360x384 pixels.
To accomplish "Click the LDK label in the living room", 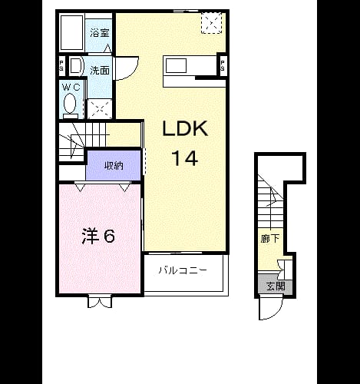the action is click(185, 128).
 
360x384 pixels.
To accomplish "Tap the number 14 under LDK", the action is click(185, 158).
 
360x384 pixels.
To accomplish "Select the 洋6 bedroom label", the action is click(98, 236).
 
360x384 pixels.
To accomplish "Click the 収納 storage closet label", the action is click(114, 166).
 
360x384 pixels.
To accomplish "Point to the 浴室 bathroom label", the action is click(100, 33).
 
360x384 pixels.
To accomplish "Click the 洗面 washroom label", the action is click(100, 70).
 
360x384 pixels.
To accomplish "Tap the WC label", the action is click(71, 88).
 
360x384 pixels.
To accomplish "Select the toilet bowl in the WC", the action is click(70, 104).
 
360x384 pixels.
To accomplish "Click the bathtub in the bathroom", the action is click(72, 32).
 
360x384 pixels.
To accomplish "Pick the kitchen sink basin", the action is click(176, 66).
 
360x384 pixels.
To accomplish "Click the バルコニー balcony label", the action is click(183, 270).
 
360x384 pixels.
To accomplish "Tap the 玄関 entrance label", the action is click(276, 286).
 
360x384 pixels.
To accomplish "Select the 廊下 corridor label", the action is click(269, 239).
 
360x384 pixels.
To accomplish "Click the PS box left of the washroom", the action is click(61, 66).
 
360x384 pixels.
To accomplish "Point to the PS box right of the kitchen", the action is click(223, 65).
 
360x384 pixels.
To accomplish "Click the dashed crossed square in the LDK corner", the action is click(211, 23).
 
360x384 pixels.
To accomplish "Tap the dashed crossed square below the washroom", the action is click(100, 109).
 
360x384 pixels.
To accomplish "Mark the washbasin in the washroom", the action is click(76, 66).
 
